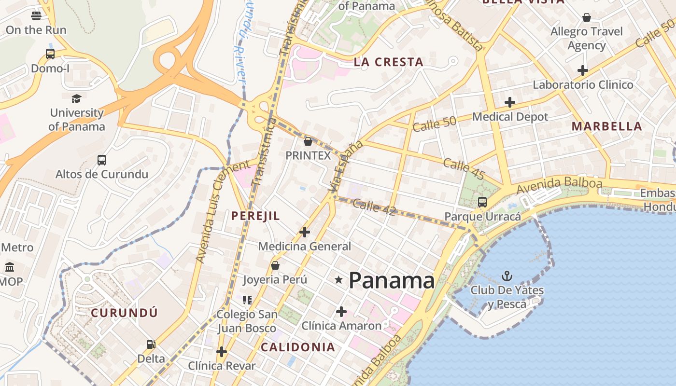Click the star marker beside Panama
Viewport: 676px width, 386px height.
339,280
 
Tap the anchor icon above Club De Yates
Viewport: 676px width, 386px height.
507,276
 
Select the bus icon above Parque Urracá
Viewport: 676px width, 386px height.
482,202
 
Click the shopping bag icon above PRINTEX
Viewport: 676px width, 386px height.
308,141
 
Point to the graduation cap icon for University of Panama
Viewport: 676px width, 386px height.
76,99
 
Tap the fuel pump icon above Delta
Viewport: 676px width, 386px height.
151,345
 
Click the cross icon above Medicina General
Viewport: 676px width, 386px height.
305,232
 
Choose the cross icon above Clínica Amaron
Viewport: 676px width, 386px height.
341,312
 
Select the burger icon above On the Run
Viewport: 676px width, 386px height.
36,15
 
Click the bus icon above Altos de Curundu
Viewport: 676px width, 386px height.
101,160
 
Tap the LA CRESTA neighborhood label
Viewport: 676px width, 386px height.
389,62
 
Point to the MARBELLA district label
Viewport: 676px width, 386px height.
607,126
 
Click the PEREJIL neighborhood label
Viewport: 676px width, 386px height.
255,216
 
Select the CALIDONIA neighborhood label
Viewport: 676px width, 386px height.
298,347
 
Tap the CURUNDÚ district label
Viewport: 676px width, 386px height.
125,312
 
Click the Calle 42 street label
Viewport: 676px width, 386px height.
374,207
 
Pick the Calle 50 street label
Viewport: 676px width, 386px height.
435,124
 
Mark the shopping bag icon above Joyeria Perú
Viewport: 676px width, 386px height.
275,265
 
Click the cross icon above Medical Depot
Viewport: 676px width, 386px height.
510,102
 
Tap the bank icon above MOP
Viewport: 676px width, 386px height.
10,267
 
